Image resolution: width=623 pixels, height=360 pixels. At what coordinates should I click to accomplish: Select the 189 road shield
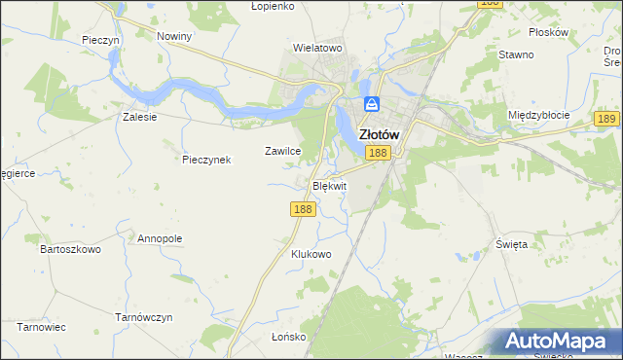coord(606,119)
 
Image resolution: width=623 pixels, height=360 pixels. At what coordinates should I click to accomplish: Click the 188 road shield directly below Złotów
coord(379,153)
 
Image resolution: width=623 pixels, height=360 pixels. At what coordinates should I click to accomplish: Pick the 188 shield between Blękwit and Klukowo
coord(302,208)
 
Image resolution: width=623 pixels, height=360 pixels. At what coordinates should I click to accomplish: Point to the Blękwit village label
coord(327,185)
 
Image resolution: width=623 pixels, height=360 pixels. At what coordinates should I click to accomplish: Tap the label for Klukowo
coord(311,254)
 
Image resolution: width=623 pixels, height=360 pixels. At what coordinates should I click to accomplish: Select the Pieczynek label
coord(206,160)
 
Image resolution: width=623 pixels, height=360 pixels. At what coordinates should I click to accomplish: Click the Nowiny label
coord(174,35)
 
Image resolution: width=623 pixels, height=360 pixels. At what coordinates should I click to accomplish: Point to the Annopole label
coord(160,238)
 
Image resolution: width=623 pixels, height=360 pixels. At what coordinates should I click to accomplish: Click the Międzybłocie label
coord(537,115)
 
